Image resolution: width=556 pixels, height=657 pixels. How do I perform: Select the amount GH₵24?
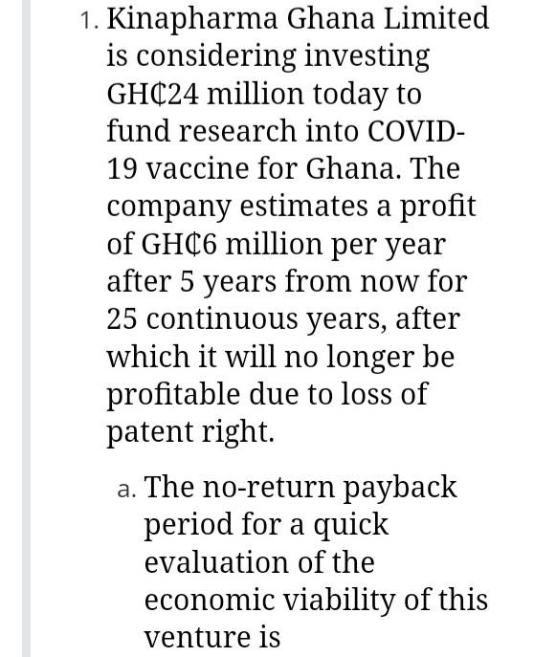(155, 94)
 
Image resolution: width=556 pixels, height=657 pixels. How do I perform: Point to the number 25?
(122, 318)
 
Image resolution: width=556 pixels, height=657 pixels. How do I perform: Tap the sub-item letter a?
(125, 489)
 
